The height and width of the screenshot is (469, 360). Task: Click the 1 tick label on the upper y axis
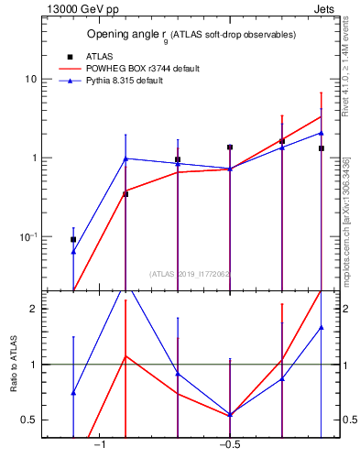click(x=32, y=158)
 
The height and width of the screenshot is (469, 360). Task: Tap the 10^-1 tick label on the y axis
click(x=27, y=237)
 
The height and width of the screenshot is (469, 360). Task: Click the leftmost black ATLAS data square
click(x=73, y=239)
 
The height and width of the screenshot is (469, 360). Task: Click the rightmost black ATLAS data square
click(x=321, y=148)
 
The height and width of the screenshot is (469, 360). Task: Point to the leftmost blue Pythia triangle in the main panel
click(x=73, y=251)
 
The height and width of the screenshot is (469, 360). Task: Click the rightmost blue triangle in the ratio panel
click(x=321, y=327)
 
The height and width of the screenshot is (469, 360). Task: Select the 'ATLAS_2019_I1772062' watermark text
click(x=190, y=273)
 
